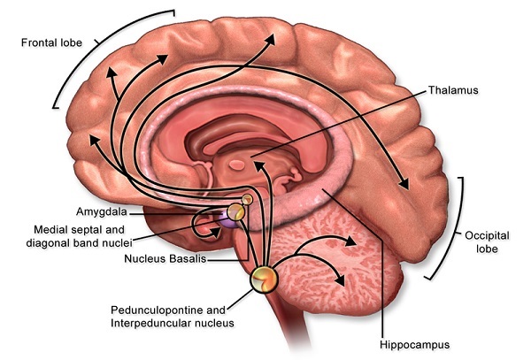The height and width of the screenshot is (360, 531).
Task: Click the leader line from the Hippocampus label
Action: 363,265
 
